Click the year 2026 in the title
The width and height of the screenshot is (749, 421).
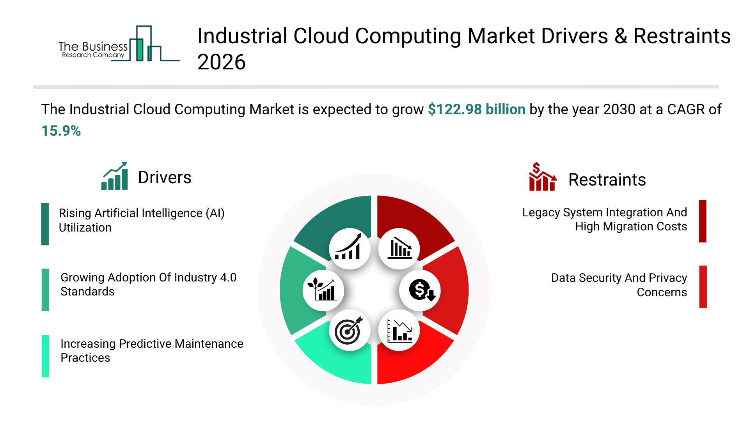click(x=221, y=62)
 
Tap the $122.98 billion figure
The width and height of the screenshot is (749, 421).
click(x=476, y=110)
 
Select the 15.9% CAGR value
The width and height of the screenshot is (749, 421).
click(x=61, y=131)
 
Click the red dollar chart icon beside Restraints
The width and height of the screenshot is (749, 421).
click(x=542, y=177)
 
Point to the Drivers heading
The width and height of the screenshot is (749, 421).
click(x=165, y=178)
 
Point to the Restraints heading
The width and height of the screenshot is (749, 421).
click(x=607, y=180)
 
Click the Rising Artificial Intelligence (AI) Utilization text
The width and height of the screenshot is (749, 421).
click(x=141, y=220)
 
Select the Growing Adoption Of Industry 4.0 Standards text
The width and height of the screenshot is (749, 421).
click(x=148, y=285)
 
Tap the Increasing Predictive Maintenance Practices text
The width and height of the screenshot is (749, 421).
click(x=151, y=351)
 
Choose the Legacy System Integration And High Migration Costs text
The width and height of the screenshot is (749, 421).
click(x=605, y=219)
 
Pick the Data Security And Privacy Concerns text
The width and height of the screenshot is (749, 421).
click(x=619, y=285)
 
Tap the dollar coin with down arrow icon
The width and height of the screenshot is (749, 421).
click(x=420, y=290)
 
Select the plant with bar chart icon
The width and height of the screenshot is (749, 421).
click(x=323, y=290)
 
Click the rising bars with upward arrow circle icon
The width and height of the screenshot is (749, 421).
click(x=349, y=249)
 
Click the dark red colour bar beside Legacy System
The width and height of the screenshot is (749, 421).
click(x=702, y=221)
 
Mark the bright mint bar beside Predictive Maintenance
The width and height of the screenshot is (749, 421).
click(x=45, y=356)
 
